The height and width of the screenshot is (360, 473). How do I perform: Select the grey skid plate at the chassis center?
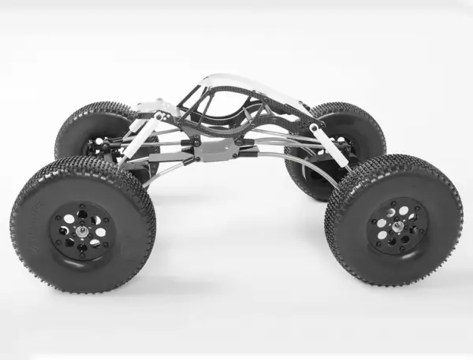(217, 149)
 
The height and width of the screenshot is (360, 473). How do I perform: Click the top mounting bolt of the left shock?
(159, 117)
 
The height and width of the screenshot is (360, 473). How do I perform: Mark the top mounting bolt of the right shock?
(315, 127)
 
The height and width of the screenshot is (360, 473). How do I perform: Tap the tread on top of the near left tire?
(87, 169)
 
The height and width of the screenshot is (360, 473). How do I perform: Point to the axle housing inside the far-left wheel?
(99, 147)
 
